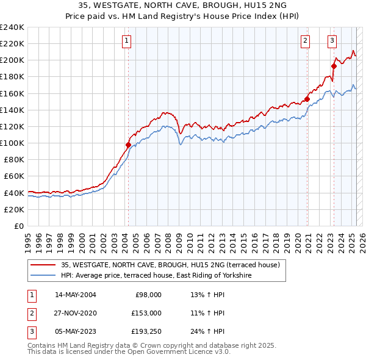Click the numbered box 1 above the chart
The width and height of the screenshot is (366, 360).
(126, 41)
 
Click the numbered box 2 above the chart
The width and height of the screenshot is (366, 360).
(305, 41)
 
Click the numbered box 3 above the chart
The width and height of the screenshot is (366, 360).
(332, 41)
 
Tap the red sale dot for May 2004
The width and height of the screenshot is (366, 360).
(128, 145)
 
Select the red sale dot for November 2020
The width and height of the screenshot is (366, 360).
(307, 99)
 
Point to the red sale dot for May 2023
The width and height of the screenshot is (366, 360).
(334, 66)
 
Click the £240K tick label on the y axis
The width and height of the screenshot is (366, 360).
(12, 27)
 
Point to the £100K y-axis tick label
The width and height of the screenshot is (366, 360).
(12, 143)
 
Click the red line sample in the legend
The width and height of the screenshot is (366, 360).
(43, 265)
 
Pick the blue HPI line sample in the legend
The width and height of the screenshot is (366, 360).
(43, 276)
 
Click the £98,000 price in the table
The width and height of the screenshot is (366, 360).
(148, 295)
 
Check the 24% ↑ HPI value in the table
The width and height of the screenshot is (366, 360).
(207, 331)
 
